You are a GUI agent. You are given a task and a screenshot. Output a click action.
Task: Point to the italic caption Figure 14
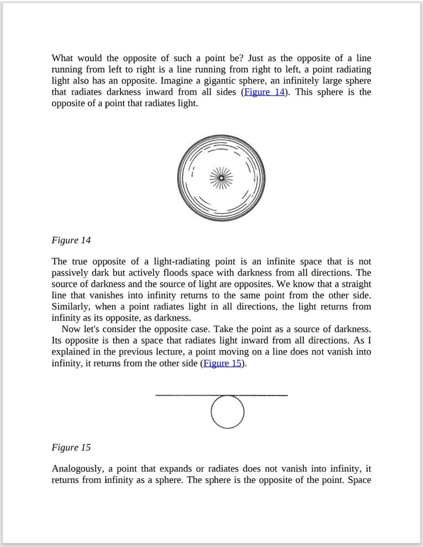click(x=71, y=240)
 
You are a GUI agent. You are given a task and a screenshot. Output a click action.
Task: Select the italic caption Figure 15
click(x=71, y=447)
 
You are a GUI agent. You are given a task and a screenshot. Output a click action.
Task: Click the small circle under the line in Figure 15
click(x=227, y=412)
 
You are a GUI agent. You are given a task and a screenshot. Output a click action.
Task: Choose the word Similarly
click(x=71, y=307)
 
